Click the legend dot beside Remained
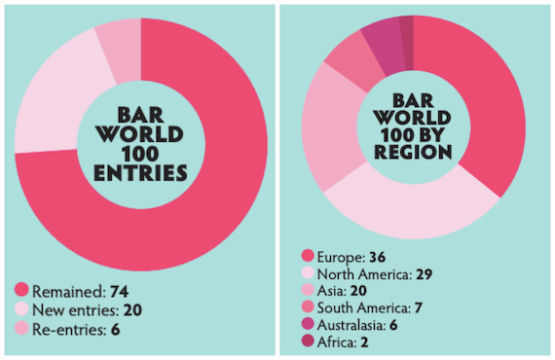click(x=21, y=290)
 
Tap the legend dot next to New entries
click(x=21, y=309)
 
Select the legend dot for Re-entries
click(x=21, y=330)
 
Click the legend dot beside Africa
click(x=308, y=343)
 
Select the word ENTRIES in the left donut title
click(x=140, y=173)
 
